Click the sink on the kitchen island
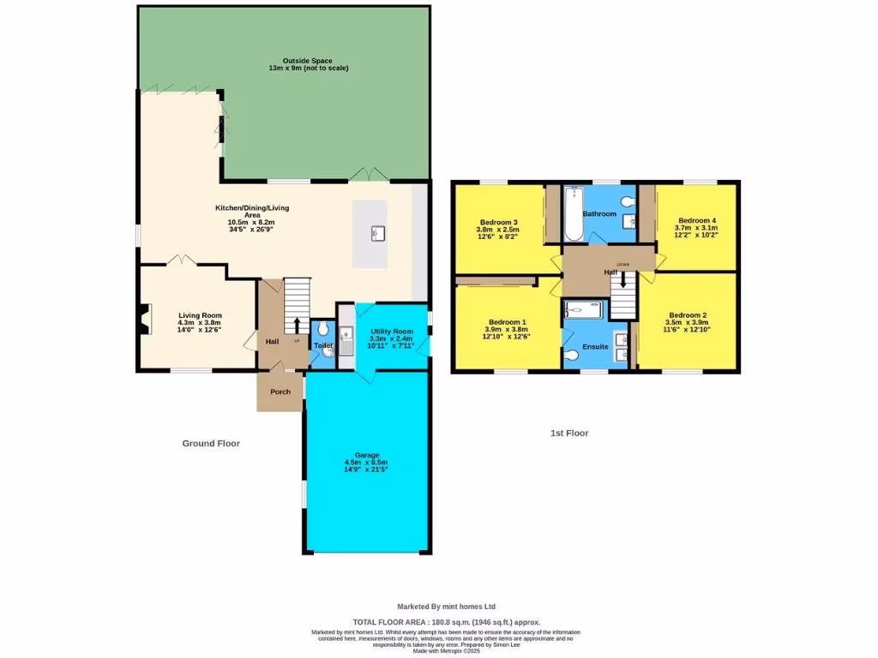click(376, 233)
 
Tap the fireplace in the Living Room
click(143, 319)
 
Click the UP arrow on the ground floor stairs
click(297, 325)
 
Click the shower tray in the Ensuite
click(584, 309)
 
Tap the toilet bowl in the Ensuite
click(573, 354)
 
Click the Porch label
click(280, 392)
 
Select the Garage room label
click(367, 455)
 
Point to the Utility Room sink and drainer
click(346, 343)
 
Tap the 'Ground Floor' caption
click(211, 443)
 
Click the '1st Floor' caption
click(569, 433)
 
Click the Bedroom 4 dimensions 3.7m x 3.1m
click(696, 227)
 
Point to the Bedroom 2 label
click(688, 314)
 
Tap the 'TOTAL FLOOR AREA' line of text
click(447, 622)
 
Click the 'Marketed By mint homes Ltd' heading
click(446, 606)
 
